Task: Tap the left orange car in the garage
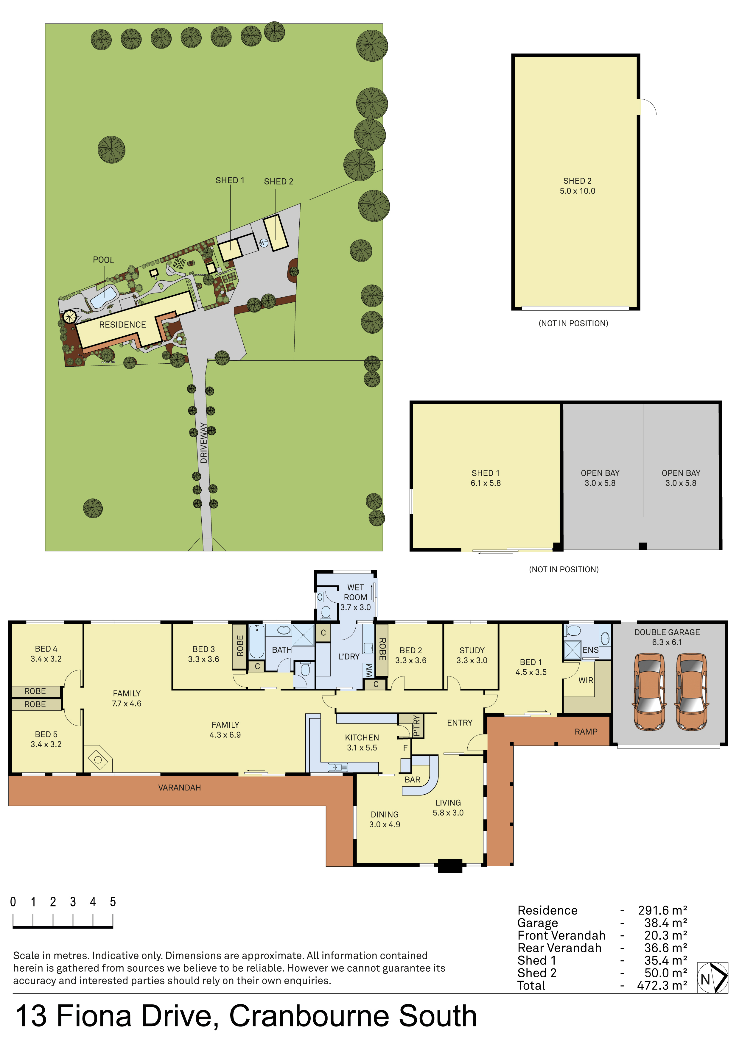tap(649, 692)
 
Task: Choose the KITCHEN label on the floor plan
tap(362, 737)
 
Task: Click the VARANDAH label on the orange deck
tap(179, 787)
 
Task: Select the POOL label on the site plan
tap(103, 260)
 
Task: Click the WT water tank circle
tap(264, 243)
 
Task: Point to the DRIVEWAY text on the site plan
tap(203, 443)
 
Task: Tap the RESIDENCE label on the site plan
tap(122, 325)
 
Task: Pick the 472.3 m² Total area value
tap(662, 985)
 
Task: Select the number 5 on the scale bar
tap(113, 902)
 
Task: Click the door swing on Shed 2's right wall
tap(648, 107)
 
